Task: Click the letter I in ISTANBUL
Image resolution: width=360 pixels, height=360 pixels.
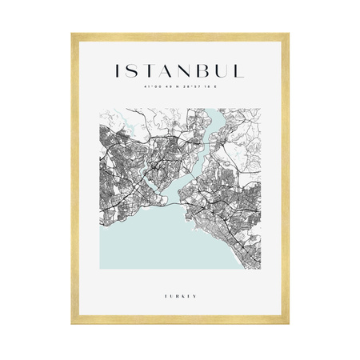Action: tap(119, 71)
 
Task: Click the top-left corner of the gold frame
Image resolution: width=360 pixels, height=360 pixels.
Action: tap(72, 34)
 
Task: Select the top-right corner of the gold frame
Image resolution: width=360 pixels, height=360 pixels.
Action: tap(287, 34)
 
